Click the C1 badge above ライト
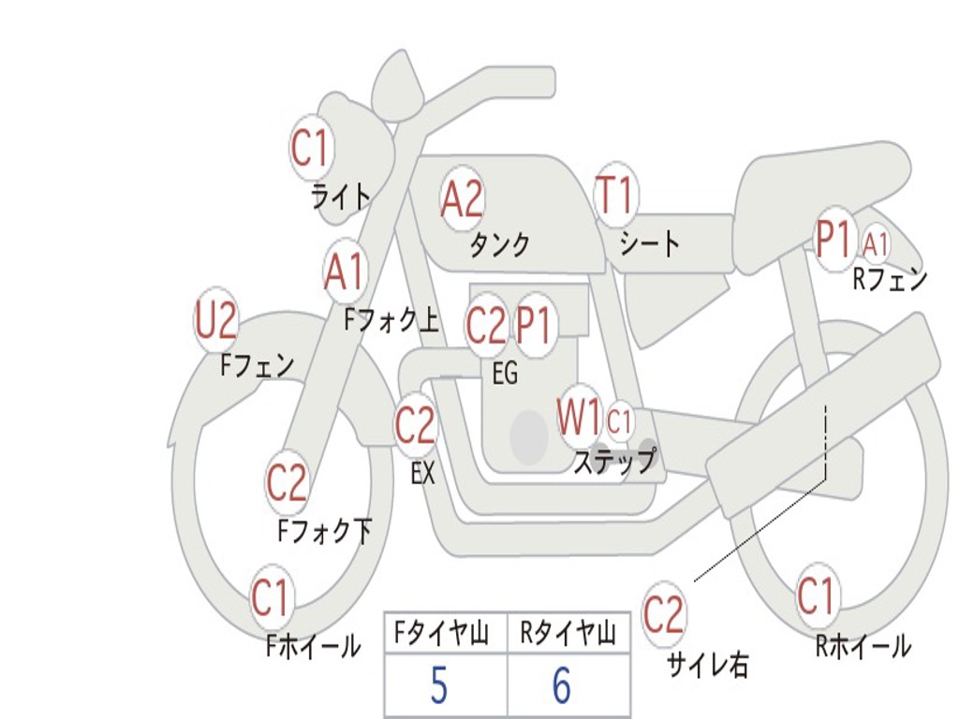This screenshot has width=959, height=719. click(x=312, y=146)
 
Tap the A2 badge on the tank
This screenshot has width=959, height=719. click(x=462, y=198)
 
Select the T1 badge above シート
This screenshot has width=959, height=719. click(x=615, y=196)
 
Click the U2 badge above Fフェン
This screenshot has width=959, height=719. click(x=215, y=321)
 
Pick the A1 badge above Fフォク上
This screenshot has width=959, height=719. click(x=345, y=272)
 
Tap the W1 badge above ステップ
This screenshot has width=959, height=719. click(x=580, y=418)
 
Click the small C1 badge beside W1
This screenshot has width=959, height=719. click(x=620, y=421)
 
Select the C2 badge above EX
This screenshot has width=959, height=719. click(x=415, y=426)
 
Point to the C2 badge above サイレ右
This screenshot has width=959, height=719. click(x=664, y=615)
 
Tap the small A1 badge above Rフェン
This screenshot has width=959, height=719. click(x=876, y=244)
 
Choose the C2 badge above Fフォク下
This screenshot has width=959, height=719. click(x=287, y=482)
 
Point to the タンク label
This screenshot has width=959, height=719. click(x=499, y=245)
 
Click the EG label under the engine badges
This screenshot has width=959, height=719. click(x=505, y=374)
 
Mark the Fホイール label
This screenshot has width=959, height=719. click(x=313, y=645)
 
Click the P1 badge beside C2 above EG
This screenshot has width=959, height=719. click(x=535, y=325)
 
